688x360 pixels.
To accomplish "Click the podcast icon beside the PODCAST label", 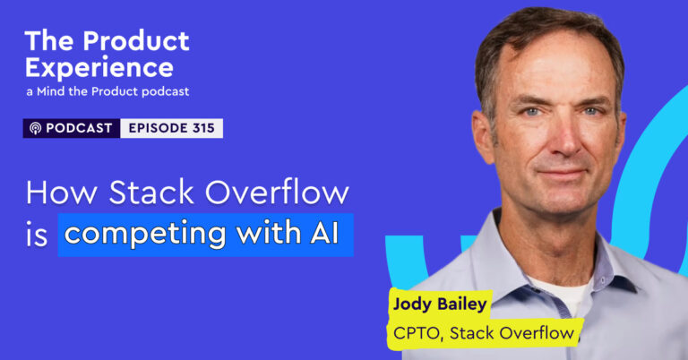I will [x=36, y=128].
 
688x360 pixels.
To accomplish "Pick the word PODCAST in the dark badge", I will [x=79, y=128].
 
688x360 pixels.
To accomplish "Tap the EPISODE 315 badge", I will [x=170, y=128].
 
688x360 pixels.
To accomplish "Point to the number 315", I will [x=202, y=128].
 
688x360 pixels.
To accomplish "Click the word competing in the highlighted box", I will [x=131, y=235].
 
